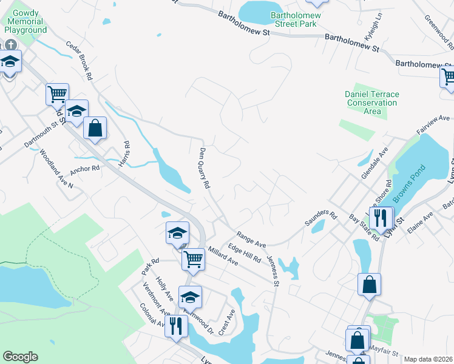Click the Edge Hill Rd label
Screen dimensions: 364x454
tap(245, 252)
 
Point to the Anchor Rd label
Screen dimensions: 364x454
tap(84, 168)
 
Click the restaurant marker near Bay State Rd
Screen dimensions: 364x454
tap(380, 218)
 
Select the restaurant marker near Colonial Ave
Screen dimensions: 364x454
tap(177, 326)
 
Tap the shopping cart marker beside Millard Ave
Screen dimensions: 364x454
tap(194, 258)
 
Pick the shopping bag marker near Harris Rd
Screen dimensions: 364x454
tap(95, 127)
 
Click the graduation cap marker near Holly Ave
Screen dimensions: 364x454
tap(190, 297)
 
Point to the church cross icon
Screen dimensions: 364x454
tap(10, 45)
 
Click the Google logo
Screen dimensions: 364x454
tap(20, 357)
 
